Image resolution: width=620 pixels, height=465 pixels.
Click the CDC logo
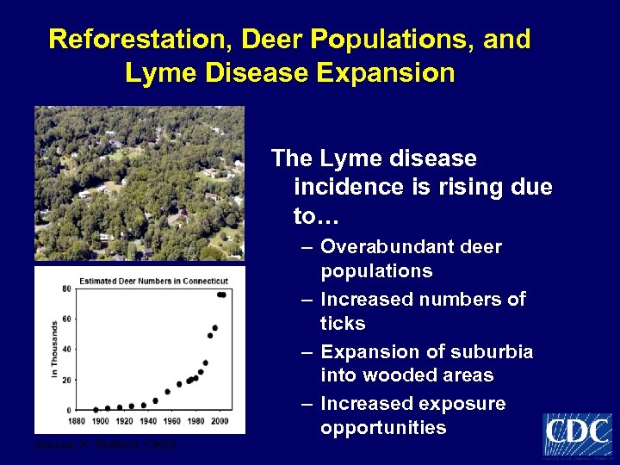[577, 434]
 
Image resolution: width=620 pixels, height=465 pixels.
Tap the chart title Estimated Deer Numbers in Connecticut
[153, 282]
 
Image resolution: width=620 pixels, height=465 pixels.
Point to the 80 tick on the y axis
[66, 289]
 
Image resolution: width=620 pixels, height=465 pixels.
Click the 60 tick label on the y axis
[66, 319]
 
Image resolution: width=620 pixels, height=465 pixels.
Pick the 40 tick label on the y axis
[66, 350]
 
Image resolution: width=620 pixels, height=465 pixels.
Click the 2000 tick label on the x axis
[220, 420]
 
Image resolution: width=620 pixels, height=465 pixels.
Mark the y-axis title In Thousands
[54, 349]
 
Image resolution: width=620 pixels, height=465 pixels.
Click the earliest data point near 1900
[96, 409]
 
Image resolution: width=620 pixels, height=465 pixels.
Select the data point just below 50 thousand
[209, 336]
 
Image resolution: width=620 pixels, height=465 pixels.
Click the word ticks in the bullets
[343, 324]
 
